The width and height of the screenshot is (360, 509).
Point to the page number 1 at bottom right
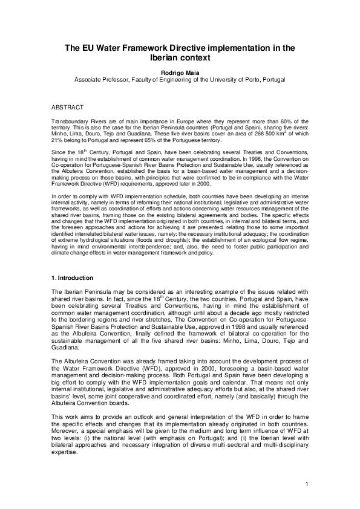[307, 482]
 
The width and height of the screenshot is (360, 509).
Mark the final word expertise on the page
[66, 453]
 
